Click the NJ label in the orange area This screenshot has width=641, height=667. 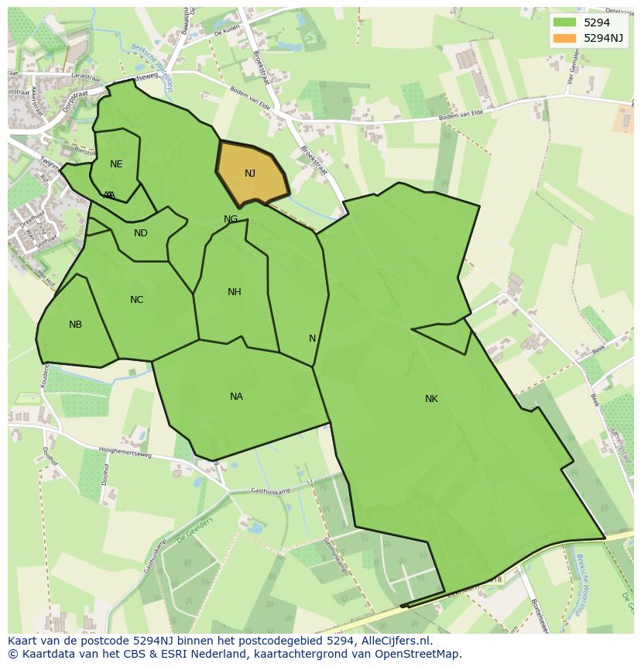(249, 174)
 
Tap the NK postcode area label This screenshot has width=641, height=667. (431, 399)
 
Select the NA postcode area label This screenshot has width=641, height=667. (236, 397)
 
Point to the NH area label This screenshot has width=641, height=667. (234, 292)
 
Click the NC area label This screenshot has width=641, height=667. (136, 300)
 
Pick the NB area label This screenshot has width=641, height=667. (75, 325)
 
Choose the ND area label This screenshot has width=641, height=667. (140, 233)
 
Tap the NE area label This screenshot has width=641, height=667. (116, 164)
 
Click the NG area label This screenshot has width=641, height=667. (231, 219)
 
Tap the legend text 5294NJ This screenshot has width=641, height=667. (604, 37)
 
